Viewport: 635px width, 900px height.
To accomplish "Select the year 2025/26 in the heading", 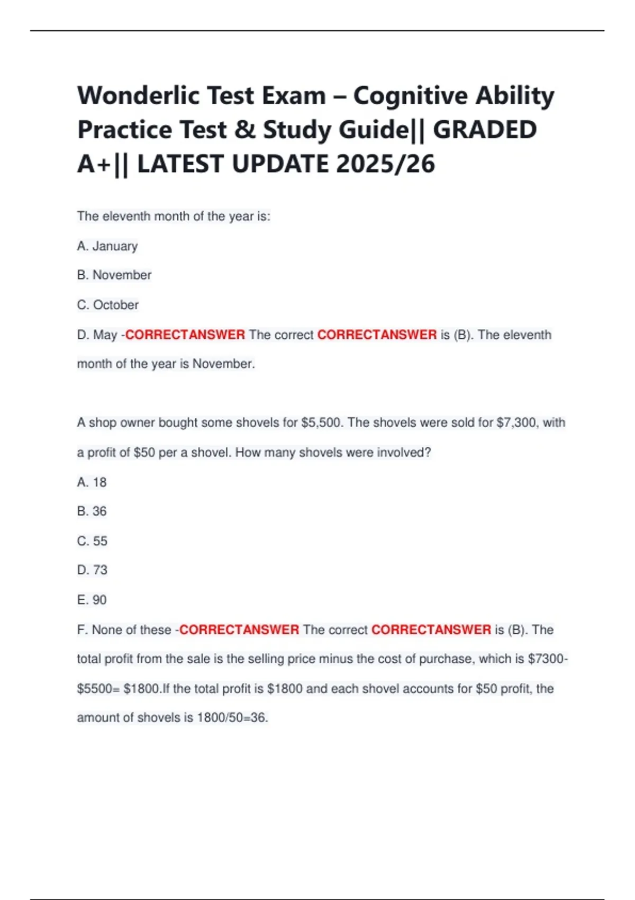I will tap(385, 164).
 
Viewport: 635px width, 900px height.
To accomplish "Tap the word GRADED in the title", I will tap(485, 130).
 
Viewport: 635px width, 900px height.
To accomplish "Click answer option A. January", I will tap(107, 246).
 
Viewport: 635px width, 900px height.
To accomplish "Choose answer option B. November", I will tap(114, 275).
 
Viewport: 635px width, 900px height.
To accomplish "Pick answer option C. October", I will tap(108, 305).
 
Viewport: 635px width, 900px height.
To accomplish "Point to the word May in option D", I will tap(105, 335).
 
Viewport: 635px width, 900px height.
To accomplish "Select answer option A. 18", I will tap(92, 482).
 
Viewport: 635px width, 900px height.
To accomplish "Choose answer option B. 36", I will tap(92, 511).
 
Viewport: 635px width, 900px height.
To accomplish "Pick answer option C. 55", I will tap(93, 541).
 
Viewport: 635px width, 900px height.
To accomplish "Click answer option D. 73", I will tap(93, 570).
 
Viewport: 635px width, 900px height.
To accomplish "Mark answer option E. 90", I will tap(92, 600).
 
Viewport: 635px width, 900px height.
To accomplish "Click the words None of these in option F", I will tap(131, 630).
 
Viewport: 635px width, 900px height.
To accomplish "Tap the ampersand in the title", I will tap(244, 130).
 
